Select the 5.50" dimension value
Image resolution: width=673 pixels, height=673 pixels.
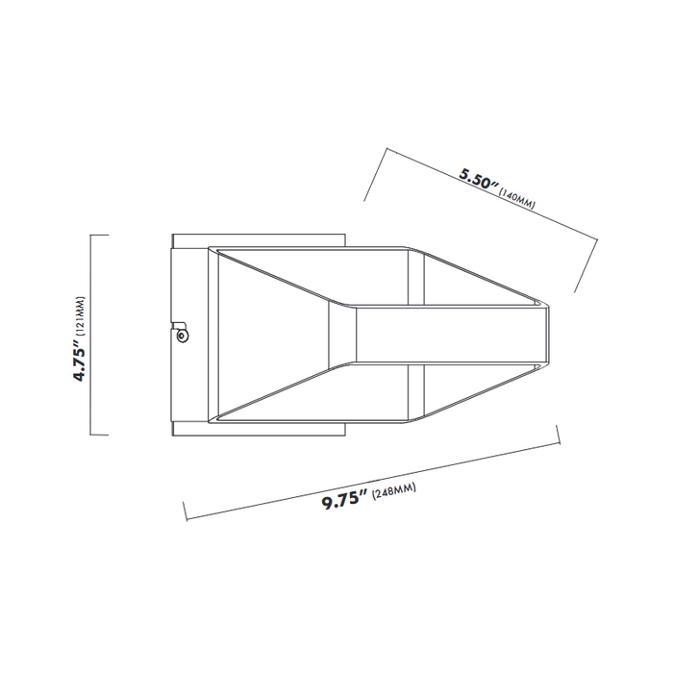[x=478, y=179]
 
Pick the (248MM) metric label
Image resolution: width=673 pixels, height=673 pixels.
[x=392, y=491]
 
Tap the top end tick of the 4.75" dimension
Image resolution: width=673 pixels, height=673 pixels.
[x=99, y=236]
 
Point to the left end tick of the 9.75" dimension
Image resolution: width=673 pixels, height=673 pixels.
[x=185, y=510]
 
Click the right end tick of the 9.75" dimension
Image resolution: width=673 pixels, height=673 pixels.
[x=559, y=434]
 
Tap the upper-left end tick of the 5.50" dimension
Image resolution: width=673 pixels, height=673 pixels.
[x=375, y=174]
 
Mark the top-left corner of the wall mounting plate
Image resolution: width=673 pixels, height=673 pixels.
[x=171, y=234]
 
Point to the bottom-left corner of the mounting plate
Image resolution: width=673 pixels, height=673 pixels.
[x=171, y=436]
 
